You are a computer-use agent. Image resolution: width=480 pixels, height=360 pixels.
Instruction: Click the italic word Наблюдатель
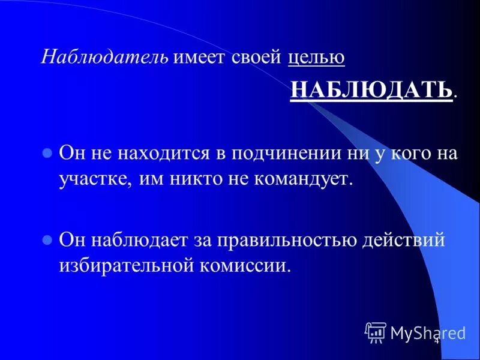(x=105, y=58)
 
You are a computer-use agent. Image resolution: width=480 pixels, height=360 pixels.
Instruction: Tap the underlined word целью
(x=316, y=58)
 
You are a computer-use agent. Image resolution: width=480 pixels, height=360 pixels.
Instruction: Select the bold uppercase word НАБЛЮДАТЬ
(x=371, y=90)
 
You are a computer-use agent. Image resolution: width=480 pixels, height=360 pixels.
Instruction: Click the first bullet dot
(x=47, y=153)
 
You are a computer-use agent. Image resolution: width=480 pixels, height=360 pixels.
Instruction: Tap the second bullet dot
(x=47, y=239)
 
